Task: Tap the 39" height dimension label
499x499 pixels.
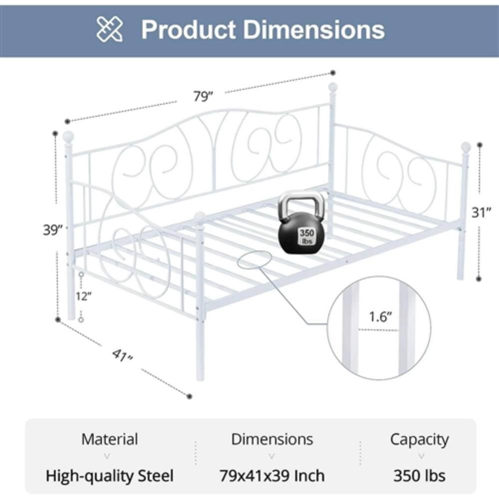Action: [x=53, y=230]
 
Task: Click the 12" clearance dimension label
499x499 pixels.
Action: [x=84, y=296]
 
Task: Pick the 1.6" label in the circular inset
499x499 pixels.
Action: [x=380, y=317]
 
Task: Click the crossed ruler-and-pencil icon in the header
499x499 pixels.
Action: [x=109, y=29]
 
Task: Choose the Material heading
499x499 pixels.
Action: [x=109, y=439]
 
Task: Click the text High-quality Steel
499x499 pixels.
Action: [x=109, y=475]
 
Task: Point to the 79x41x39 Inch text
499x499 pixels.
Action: [x=272, y=475]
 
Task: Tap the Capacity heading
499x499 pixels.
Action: [x=419, y=439]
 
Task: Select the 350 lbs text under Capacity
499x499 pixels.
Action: [x=419, y=475]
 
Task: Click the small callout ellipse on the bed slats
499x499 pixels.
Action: [x=255, y=259]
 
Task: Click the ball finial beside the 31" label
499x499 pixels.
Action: [x=466, y=147]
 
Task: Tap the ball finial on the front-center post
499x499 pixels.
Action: [x=200, y=217]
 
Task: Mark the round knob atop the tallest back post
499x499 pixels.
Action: [x=332, y=88]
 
